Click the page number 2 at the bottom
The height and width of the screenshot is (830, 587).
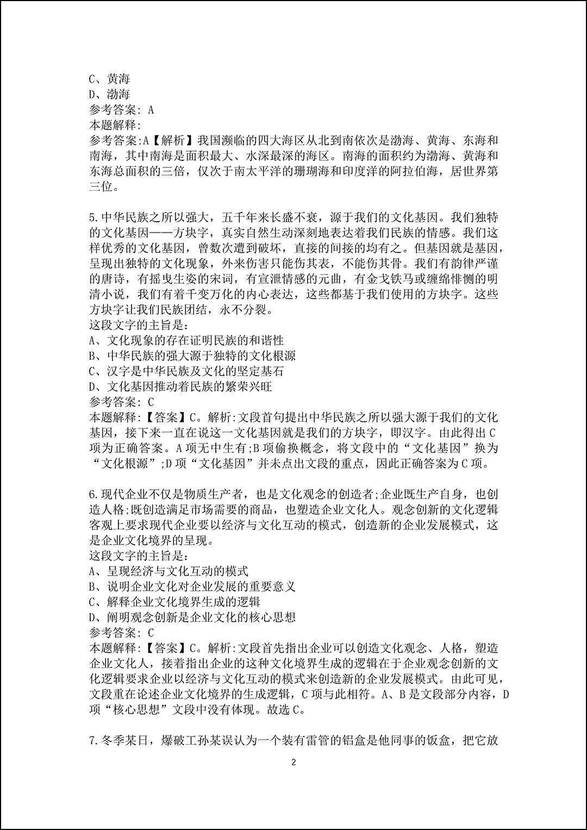pyautogui.click(x=293, y=762)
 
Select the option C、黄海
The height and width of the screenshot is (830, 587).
pyautogui.click(x=109, y=78)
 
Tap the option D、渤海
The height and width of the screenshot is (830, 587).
pyautogui.click(x=109, y=94)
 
